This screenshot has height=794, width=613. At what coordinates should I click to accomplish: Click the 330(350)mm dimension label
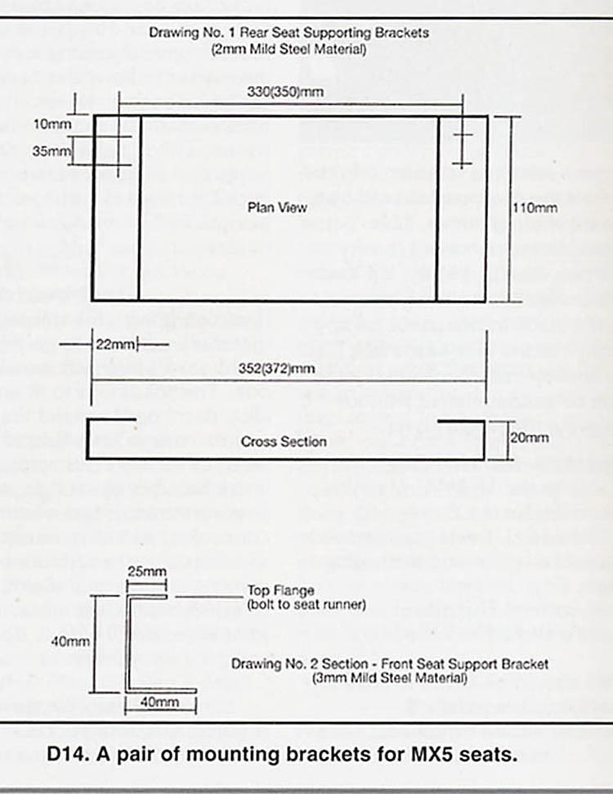285,92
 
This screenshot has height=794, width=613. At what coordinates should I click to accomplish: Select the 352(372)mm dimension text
277,368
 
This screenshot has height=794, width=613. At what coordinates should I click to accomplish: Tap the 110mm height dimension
535,208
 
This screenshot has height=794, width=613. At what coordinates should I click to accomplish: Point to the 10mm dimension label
52,124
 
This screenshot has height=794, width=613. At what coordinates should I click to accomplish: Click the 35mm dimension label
51,151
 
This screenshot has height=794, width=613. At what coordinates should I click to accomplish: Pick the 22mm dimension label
115,344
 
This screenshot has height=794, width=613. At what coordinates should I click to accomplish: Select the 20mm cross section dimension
529,437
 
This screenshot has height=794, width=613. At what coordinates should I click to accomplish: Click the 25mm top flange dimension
147,572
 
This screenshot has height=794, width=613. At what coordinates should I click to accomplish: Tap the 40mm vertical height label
70,642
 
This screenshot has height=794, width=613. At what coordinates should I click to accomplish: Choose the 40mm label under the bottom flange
159,702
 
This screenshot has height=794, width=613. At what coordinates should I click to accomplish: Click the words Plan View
277,208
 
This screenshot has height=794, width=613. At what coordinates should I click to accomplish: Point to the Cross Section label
284,442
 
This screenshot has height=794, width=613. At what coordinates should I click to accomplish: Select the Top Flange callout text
280,590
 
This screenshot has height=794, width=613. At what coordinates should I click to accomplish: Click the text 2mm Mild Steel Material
289,50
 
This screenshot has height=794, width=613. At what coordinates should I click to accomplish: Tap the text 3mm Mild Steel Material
389,678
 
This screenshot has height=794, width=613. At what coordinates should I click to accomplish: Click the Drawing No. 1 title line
289,33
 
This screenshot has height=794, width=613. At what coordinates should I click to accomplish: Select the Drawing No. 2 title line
390,664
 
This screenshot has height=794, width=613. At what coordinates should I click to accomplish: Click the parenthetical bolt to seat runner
306,604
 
